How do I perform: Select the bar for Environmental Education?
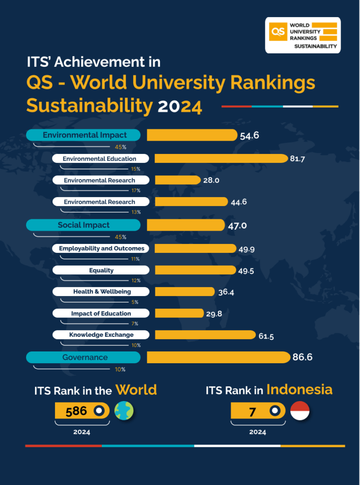click(221, 159)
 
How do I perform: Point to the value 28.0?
click(211, 180)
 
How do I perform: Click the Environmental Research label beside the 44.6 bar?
click(100, 202)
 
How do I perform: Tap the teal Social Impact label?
click(83, 225)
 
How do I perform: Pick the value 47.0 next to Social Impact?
click(237, 225)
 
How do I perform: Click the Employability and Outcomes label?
click(101, 248)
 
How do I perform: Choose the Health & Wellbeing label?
click(101, 291)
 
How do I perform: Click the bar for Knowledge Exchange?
click(205, 335)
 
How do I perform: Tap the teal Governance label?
click(83, 357)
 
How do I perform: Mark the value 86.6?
click(302, 358)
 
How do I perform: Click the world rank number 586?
click(76, 411)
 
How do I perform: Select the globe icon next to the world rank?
click(124, 411)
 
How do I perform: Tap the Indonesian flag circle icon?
click(299, 411)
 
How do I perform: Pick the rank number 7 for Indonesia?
click(252, 412)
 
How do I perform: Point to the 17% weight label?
click(135, 190)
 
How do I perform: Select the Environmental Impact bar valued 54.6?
click(191, 135)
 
